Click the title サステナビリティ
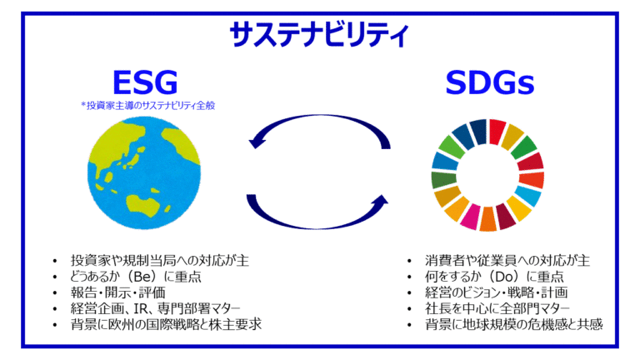(319, 35)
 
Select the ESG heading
(145, 82)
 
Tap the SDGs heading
(490, 82)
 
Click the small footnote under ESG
(147, 106)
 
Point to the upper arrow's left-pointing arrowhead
(257, 142)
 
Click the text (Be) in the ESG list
(142, 277)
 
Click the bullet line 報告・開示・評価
(117, 292)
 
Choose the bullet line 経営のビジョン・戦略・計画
(496, 292)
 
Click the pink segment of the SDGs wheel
(471, 217)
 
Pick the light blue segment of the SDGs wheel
(527, 196)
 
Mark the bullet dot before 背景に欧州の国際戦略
(55, 325)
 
